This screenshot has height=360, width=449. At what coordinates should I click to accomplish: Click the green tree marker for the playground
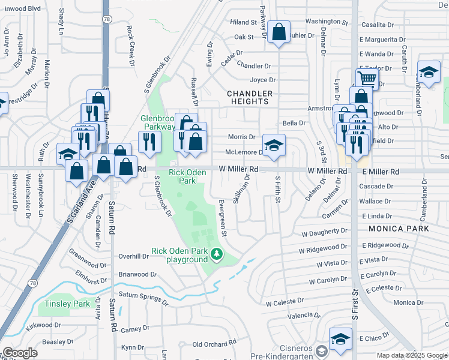[217, 256]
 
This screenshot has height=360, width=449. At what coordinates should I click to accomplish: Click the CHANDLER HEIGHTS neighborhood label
[250, 98]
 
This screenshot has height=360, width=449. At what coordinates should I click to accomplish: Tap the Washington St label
[327, 21]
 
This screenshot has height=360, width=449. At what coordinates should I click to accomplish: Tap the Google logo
[20, 353]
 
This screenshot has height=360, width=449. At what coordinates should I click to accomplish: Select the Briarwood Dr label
[137, 274]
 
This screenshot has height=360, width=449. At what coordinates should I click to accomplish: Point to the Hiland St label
[244, 22]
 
